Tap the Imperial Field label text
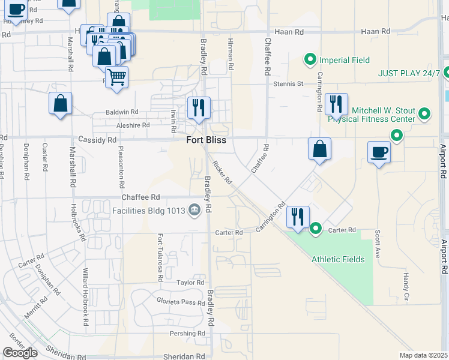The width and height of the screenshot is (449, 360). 344,60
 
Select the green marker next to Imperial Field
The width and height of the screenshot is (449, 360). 310,59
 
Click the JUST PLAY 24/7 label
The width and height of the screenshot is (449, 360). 409,74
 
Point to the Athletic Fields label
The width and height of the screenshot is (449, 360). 337,259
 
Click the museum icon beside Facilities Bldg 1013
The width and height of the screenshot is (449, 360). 194,210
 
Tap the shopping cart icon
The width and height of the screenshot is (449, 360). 116,77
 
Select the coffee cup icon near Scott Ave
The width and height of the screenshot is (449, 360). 379,152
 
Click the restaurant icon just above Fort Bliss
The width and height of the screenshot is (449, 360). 199,107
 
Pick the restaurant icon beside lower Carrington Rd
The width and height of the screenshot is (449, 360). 298,217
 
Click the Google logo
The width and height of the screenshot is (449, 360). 20,352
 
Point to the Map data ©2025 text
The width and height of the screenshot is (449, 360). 423,355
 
